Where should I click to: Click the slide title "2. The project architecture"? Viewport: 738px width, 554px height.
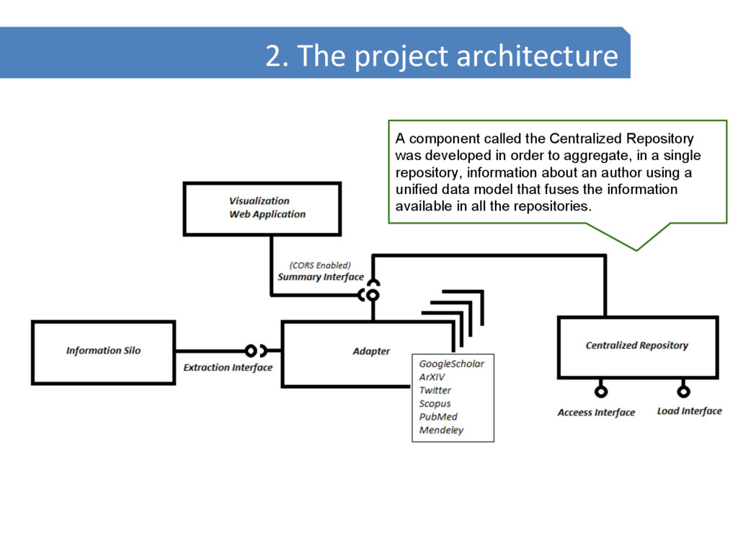coord(441,56)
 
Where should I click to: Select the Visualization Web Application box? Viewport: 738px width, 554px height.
coord(262,208)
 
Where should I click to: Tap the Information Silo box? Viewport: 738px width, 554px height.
coord(103,351)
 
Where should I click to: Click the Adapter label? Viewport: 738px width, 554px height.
coord(371,351)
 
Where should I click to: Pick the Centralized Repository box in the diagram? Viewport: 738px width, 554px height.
coord(637,346)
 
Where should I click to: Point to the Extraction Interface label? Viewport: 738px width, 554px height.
coord(228,368)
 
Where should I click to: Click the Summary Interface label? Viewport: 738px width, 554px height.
coord(320,277)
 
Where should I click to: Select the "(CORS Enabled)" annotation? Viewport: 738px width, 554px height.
coord(320,265)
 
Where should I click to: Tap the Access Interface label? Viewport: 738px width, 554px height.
coord(596,413)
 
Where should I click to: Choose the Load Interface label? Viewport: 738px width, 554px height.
coord(689,411)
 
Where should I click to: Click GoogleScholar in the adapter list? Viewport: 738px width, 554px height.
coord(452,364)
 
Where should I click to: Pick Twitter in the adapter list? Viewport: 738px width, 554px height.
coord(435,390)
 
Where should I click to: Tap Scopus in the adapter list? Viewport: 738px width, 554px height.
coord(435,404)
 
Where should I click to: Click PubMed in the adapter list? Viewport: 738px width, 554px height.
coord(438,417)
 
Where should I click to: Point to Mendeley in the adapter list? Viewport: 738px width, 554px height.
coord(441,431)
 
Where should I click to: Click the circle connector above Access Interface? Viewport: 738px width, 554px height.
coord(600,392)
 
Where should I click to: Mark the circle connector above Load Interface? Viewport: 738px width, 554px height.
coord(683,392)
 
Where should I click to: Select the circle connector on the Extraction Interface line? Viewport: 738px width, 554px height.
coord(250,351)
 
